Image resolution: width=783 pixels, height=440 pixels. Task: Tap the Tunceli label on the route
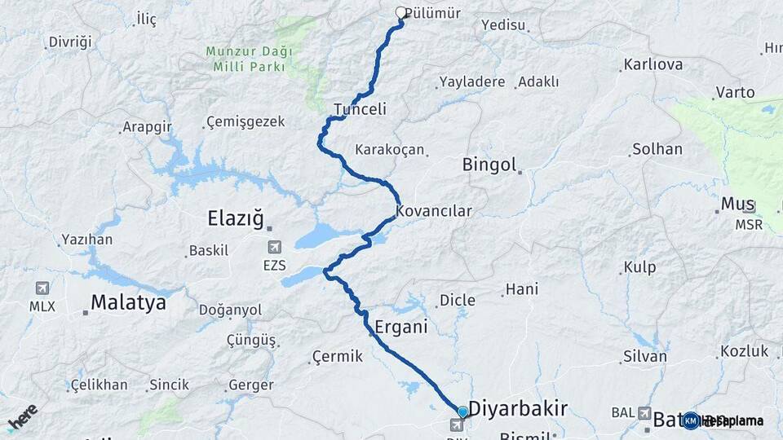pyautogui.click(x=360, y=109)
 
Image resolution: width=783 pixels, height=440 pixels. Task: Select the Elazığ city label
pyautogui.click(x=236, y=218)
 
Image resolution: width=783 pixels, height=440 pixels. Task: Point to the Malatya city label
pyautogui.click(x=128, y=302)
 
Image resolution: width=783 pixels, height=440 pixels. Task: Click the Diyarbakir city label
pyautogui.click(x=518, y=408)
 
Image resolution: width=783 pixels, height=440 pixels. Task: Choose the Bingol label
pyautogui.click(x=489, y=165)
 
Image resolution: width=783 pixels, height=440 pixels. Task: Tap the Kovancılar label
pyautogui.click(x=434, y=211)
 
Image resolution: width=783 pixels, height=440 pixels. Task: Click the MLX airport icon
pyautogui.click(x=42, y=288)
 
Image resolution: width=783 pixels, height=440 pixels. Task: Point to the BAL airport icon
pyautogui.click(x=645, y=413)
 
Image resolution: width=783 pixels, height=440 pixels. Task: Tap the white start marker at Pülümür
pyautogui.click(x=401, y=13)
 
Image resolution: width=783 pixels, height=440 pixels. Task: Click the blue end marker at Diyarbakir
pyautogui.click(x=462, y=412)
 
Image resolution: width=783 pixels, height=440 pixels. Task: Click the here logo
pyautogui.click(x=22, y=417)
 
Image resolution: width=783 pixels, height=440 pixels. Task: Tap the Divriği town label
pyautogui.click(x=70, y=42)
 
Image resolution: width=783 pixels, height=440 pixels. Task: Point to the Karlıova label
pyautogui.click(x=652, y=64)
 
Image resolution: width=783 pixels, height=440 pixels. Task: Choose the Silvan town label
pyautogui.click(x=644, y=356)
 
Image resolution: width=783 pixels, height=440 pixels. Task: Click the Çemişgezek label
pyautogui.click(x=246, y=121)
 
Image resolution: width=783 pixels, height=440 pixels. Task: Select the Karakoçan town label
pyautogui.click(x=390, y=150)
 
